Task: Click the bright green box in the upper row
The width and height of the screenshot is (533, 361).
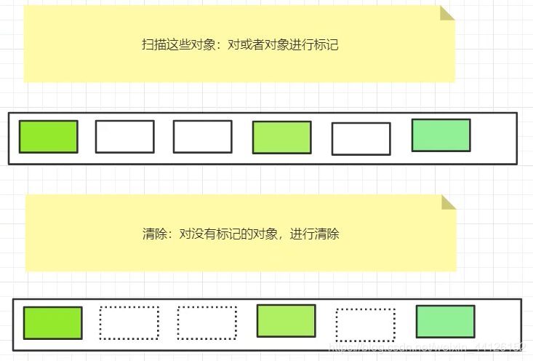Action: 48,137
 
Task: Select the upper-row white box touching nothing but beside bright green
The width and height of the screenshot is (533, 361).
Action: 125,137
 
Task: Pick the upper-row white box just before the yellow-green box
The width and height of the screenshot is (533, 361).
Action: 202,137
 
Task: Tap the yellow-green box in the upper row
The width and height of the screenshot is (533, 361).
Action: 281,138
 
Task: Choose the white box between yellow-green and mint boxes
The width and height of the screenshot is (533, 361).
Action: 361,139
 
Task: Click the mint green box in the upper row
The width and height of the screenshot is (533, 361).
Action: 441,135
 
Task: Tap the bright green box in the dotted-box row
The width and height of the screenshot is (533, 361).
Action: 52,323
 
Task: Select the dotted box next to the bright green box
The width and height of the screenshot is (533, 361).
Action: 129,323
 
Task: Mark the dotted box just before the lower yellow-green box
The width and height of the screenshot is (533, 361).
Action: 207,323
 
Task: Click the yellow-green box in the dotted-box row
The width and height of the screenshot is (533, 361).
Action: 286,321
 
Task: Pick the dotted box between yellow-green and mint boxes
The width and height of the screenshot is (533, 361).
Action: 365,325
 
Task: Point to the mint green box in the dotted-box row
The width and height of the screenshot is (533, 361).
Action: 445,322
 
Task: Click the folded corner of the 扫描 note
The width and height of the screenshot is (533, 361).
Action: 447,14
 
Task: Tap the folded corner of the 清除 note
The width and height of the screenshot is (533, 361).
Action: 449,202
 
